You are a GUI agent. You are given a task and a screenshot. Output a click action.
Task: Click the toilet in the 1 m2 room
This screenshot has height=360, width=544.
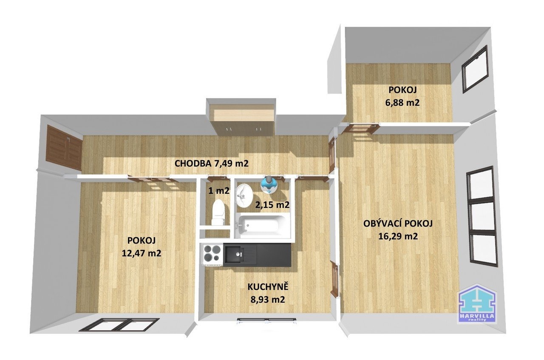[218, 212]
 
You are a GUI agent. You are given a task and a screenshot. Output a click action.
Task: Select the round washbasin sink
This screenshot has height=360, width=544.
[244, 195]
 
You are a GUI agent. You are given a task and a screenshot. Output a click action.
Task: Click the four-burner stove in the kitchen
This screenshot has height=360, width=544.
[213, 254]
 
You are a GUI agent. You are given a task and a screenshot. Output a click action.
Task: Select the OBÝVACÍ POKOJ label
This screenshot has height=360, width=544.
[398, 224]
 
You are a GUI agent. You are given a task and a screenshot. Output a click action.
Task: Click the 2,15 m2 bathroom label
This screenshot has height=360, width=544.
[272, 205]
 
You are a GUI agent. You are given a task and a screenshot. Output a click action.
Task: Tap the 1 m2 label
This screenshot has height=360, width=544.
[219, 191]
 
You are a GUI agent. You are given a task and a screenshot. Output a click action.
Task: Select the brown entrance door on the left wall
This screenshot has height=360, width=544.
[64, 147]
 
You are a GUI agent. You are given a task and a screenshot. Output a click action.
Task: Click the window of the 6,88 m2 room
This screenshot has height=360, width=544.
[475, 69]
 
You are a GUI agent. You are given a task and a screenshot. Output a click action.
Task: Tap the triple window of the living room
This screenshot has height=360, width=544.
[482, 216]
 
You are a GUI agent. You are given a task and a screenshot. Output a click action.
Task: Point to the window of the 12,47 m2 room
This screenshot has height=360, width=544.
[119, 324]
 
